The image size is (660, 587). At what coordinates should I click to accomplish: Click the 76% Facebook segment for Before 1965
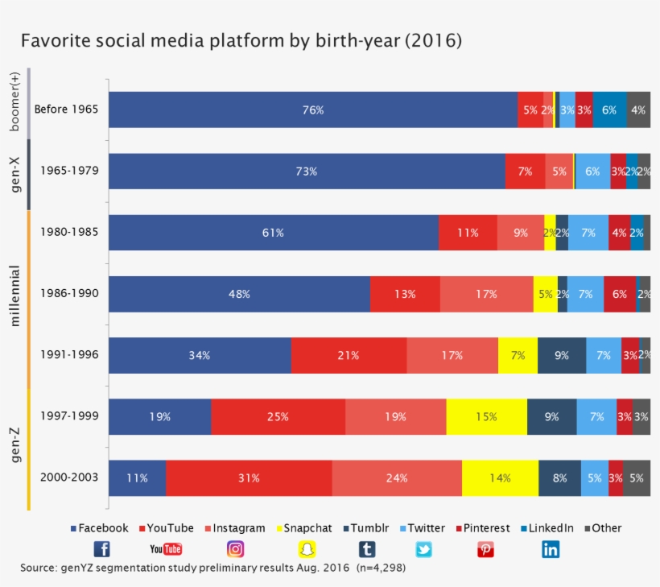313,110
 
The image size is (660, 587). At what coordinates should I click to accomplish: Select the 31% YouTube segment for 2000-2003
249,477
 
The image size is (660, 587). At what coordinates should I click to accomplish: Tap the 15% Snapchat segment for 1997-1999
486,416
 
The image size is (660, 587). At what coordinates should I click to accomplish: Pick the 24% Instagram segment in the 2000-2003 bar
397,477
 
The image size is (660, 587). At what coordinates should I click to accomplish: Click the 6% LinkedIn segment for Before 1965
609,110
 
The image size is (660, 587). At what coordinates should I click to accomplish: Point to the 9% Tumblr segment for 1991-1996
562,355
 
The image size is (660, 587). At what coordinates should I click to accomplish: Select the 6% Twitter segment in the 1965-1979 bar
592,172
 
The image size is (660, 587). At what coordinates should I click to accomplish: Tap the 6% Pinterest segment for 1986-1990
619,294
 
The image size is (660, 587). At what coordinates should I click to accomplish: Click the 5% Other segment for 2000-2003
637,477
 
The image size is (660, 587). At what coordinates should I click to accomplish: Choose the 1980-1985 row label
69,232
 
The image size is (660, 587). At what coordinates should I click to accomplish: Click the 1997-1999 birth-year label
69,416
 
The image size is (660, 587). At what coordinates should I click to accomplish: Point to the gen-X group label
15,174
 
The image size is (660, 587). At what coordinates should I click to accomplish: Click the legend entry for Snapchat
303,528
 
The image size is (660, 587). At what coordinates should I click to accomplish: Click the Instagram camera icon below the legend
235,549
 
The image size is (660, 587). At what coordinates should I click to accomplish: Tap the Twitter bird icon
423,549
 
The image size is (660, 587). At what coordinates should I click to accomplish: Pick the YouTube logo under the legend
166,549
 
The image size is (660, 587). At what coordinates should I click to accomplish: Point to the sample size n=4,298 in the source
379,568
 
